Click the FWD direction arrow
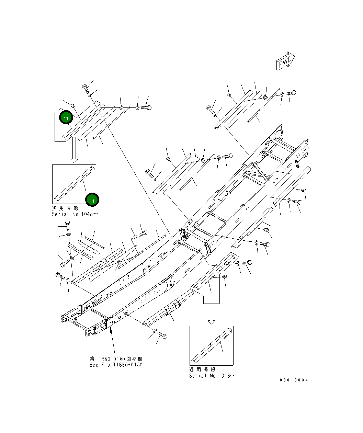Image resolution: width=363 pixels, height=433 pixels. point(285,61)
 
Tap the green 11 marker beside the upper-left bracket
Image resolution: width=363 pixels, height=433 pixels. point(66,118)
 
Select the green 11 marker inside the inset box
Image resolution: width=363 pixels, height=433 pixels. point(92,200)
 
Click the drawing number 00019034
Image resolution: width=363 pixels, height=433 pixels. point(294,380)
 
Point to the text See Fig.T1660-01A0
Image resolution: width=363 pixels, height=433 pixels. point(116,365)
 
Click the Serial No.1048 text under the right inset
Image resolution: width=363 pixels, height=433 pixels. point(212,376)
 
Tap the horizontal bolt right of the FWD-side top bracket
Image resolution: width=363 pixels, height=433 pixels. point(291,93)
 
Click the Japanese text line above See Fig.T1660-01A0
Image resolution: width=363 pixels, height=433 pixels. point(116,359)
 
